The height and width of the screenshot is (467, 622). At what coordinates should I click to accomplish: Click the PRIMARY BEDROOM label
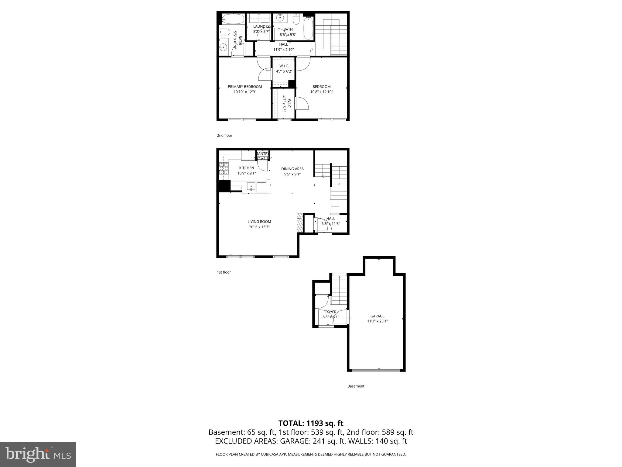click(245, 87)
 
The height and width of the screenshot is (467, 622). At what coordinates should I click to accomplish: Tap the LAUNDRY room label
click(261, 26)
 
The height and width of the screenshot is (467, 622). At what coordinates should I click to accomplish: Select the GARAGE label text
click(377, 316)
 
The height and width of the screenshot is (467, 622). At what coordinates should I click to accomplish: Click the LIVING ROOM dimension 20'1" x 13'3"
click(259, 227)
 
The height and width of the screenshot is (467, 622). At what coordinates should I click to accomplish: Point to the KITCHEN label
click(246, 168)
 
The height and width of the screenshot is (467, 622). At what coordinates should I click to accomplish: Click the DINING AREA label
click(292, 169)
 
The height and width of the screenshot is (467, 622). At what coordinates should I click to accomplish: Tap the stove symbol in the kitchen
click(224, 168)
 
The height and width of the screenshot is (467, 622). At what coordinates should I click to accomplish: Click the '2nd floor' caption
click(224, 135)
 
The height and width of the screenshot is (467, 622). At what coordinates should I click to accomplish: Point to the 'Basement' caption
click(356, 386)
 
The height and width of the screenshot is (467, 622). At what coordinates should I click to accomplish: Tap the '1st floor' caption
click(224, 272)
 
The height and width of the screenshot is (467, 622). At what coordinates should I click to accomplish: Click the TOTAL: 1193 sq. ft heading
click(311, 423)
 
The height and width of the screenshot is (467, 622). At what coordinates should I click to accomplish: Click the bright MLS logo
click(38, 454)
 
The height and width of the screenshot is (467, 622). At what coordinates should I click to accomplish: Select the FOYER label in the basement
click(330, 312)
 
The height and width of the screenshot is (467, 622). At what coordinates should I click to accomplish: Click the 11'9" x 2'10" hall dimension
click(283, 50)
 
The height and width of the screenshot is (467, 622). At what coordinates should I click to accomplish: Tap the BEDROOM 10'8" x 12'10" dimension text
click(321, 92)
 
